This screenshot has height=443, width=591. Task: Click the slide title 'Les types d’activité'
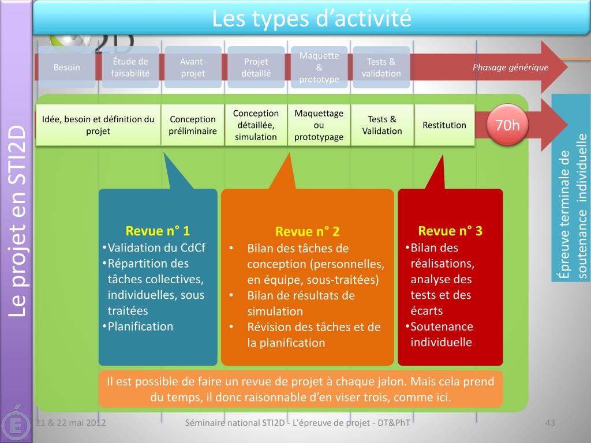(x=311, y=18)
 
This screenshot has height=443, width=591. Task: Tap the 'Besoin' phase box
(x=67, y=67)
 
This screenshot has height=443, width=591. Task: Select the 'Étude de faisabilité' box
(x=130, y=67)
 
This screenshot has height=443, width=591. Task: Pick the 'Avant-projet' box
(x=193, y=67)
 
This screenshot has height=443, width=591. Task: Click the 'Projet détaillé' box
(x=256, y=67)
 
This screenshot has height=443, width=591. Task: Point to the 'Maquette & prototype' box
(x=319, y=67)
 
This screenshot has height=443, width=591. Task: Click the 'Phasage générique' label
(x=510, y=67)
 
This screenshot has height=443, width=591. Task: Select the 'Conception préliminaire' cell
(x=193, y=125)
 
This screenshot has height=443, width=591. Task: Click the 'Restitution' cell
(x=444, y=125)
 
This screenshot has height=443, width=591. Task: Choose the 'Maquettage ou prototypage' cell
(x=319, y=125)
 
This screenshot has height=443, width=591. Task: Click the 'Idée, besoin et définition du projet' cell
(x=98, y=125)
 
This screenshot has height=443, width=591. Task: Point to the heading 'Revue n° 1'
(x=158, y=231)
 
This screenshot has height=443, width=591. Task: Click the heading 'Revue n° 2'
(x=308, y=232)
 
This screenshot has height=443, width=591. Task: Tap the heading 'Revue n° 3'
(x=450, y=231)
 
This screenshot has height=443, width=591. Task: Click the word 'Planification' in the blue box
(x=141, y=326)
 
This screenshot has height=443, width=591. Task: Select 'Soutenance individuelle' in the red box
(x=442, y=335)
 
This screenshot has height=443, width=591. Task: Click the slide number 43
(x=550, y=423)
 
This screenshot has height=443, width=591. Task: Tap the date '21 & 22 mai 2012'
(x=70, y=423)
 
